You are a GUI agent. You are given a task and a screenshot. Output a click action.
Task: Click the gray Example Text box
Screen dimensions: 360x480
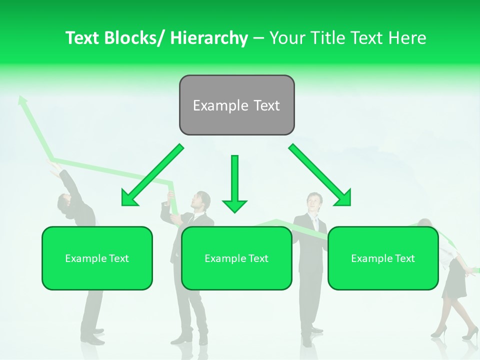pos(236,105)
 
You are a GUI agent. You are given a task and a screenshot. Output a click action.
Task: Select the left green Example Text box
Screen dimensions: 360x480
pos(97,258)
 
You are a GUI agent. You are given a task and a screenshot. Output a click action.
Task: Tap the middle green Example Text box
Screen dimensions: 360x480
pos(236,258)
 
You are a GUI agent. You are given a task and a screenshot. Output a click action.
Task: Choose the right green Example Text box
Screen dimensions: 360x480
pos(383,258)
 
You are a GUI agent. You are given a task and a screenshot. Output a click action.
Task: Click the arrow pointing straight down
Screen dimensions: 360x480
pos(234,185)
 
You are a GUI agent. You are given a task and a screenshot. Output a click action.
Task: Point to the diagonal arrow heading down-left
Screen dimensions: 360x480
pos(152,175)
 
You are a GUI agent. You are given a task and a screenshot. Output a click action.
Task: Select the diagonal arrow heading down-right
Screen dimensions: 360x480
pos(320,175)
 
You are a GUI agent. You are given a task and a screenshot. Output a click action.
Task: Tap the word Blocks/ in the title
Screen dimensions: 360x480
pos(134,38)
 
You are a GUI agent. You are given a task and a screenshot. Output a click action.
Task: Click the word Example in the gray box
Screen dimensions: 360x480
pos(213,105)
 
